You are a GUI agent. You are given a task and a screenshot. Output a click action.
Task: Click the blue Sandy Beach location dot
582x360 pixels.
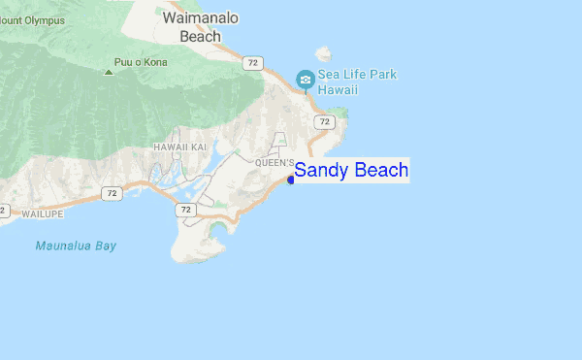(x=291, y=180)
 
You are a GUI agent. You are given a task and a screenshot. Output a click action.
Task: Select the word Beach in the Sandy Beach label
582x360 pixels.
(x=379, y=171)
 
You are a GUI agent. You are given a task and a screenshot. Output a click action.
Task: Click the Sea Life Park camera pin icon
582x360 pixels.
(x=306, y=80)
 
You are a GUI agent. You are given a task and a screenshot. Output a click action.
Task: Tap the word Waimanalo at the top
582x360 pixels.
(x=201, y=18)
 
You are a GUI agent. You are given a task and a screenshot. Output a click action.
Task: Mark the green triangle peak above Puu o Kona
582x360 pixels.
(x=109, y=70)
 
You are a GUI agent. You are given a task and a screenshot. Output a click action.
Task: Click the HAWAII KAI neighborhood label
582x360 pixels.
(x=180, y=147)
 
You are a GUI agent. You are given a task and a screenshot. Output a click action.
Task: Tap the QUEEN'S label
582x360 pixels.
(x=275, y=163)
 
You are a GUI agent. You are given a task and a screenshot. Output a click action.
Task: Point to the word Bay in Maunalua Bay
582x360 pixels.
(x=106, y=245)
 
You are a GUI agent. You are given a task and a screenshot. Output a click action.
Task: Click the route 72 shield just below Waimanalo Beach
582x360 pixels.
(x=253, y=63)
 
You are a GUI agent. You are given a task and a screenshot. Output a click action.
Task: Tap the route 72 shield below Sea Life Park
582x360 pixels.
(x=324, y=122)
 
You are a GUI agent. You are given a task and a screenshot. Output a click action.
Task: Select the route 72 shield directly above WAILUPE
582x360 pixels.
(x=113, y=194)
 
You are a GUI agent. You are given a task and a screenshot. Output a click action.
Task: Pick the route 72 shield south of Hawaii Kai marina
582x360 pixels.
(x=185, y=210)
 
